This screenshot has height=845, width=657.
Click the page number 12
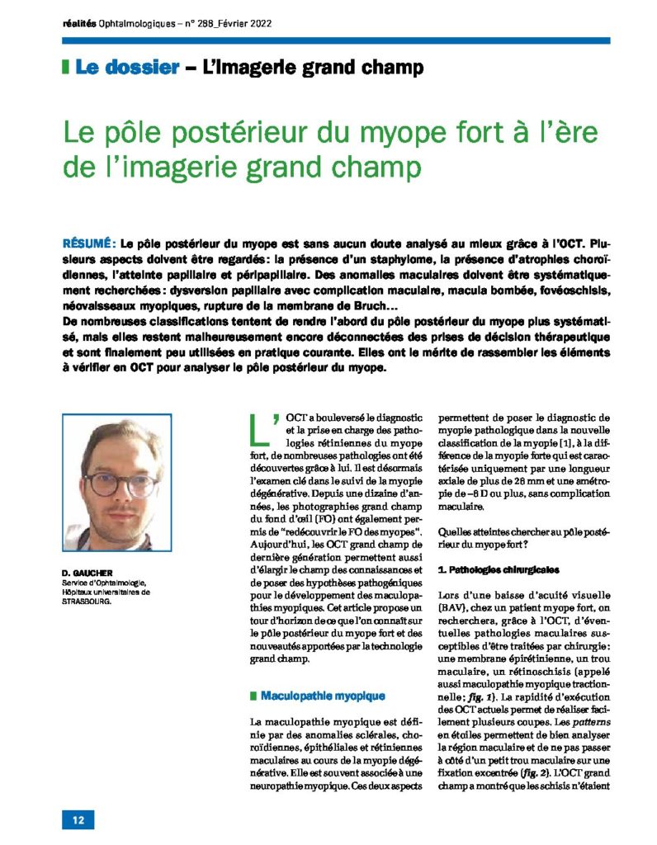(x=78, y=819)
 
